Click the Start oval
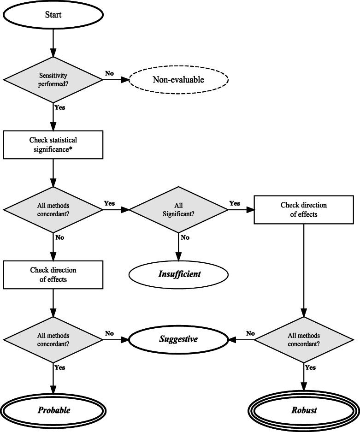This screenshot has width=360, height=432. point(53,14)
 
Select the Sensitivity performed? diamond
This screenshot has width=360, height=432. point(53,79)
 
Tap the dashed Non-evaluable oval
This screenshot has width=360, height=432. point(178,80)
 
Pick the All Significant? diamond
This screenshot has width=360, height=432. point(178,209)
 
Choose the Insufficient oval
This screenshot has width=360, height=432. point(178,274)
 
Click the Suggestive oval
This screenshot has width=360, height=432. point(178,339)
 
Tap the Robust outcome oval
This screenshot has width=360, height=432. point(304,410)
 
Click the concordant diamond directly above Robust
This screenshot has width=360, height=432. point(304,340)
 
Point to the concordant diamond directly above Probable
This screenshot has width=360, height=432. point(53,340)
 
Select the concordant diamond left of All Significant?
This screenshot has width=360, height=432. point(53,209)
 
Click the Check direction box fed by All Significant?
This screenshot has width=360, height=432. point(304,209)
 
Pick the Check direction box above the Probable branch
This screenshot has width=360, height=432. point(53,274)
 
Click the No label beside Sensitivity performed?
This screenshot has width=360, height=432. point(109,73)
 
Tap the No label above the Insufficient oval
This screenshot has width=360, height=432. point(185,237)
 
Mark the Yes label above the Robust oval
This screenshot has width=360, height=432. point(310,367)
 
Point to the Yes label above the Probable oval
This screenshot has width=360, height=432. point(60,367)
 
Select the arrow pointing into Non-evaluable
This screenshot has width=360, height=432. point(115,79)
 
